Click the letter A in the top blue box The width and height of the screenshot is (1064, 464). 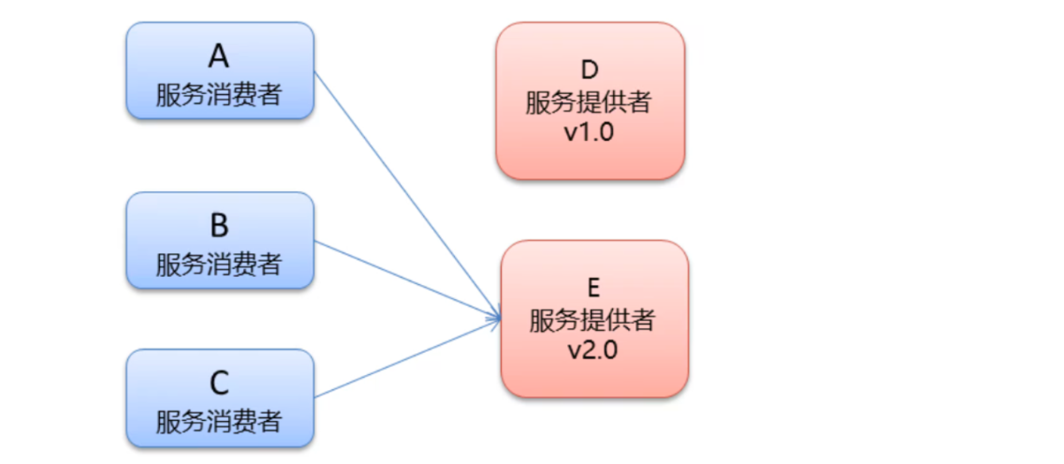click(x=219, y=57)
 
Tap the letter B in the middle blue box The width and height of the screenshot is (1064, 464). click(x=219, y=226)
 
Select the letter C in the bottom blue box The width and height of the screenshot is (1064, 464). click(x=219, y=384)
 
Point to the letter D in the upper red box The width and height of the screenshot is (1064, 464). click(x=589, y=71)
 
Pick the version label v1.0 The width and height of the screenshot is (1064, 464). click(x=589, y=132)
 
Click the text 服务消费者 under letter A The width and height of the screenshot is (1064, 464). click(x=219, y=95)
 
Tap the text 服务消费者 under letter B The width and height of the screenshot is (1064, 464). click(x=219, y=263)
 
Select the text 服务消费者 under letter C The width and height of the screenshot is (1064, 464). click(x=219, y=421)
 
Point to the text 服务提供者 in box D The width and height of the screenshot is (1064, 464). click(x=589, y=102)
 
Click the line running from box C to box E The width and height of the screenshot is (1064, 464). click(x=406, y=358)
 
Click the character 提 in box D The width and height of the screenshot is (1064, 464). click(x=589, y=102)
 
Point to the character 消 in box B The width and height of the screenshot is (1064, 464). click(x=219, y=263)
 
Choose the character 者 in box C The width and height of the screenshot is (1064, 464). click(x=269, y=421)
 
